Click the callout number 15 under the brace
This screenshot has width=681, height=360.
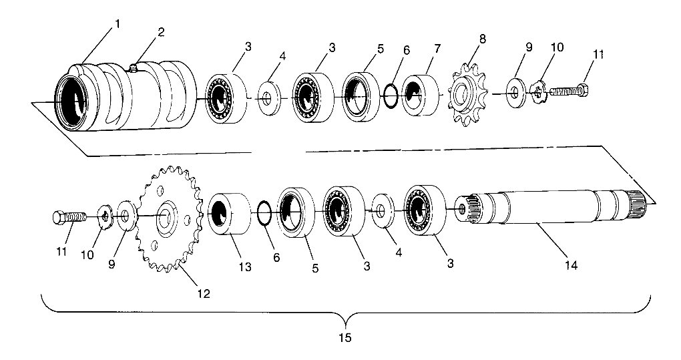[x=345, y=337]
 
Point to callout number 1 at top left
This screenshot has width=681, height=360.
[x=118, y=24]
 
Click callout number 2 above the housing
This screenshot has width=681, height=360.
[x=161, y=33]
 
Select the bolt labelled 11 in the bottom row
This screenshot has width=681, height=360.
[x=70, y=216]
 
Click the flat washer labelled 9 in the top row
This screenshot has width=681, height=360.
[x=515, y=93]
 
